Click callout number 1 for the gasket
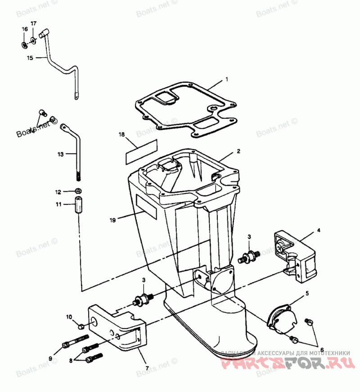click(x=227, y=79)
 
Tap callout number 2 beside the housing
click(x=238, y=151)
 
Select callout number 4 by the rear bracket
click(x=318, y=230)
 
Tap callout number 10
click(x=69, y=317)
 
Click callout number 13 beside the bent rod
click(x=61, y=154)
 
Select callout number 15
click(x=30, y=58)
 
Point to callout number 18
click(x=121, y=134)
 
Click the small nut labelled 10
click(x=81, y=325)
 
